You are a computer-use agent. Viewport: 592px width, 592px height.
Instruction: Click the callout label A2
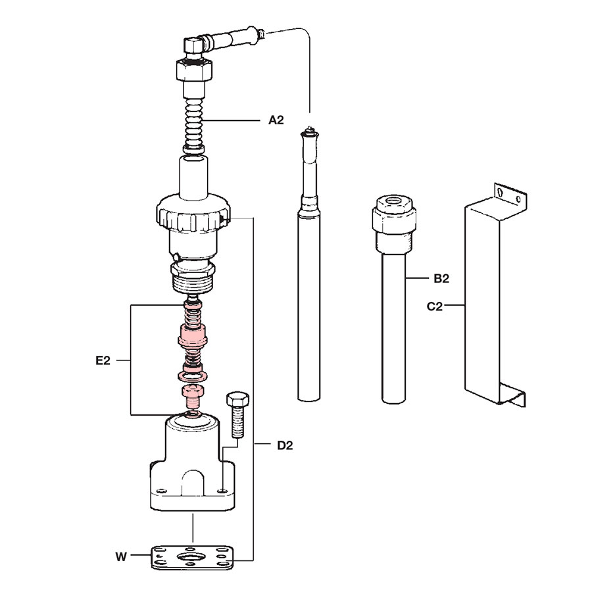coord(276,120)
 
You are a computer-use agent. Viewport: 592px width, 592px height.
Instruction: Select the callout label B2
coord(441,279)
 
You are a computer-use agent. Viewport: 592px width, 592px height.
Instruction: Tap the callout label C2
coord(435,306)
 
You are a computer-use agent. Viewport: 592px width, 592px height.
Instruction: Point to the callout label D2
coord(285,445)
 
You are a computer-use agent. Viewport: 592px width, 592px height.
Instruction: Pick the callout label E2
coord(103,360)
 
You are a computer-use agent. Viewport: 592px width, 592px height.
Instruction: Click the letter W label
coord(121,557)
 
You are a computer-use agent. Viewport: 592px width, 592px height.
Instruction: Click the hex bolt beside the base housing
coord(237,414)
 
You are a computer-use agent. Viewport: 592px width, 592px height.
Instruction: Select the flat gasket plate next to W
coord(192,558)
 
